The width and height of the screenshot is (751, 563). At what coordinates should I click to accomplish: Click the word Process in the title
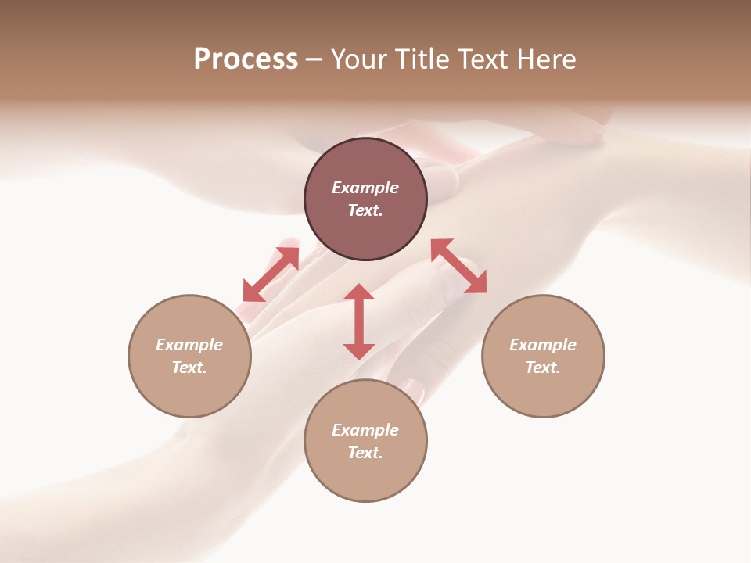tap(246, 59)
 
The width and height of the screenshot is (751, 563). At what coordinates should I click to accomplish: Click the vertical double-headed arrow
tap(359, 321)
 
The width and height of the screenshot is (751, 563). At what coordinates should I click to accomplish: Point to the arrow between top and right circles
tap(459, 266)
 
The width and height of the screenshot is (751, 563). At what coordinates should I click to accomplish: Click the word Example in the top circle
tap(365, 188)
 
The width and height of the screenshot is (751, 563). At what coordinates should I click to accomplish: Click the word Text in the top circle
tap(365, 210)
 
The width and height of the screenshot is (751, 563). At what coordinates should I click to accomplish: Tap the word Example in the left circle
tap(189, 345)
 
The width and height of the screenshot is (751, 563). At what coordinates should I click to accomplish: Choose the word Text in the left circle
tap(189, 368)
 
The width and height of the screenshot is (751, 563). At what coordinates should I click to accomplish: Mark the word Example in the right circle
tap(543, 345)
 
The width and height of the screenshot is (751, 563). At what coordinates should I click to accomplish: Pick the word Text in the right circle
tap(543, 368)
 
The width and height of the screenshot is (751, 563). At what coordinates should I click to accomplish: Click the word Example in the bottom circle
tap(365, 430)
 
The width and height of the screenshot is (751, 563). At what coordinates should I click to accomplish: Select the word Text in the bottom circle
tap(365, 453)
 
